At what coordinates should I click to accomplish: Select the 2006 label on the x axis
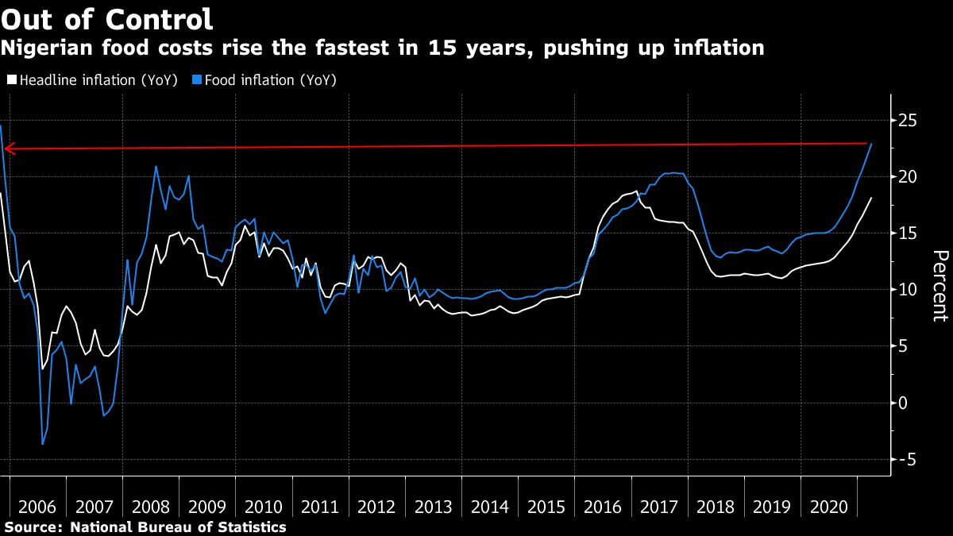pos(37,507)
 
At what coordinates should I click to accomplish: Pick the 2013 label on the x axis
pos(434,507)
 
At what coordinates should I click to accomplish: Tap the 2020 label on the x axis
pos(830,507)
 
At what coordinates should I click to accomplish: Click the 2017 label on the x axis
pos(660,507)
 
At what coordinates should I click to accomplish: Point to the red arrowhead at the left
pos(7,148)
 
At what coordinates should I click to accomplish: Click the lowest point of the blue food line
pos(42,444)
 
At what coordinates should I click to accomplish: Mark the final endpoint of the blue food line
pos(872,144)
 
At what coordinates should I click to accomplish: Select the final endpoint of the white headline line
pos(872,198)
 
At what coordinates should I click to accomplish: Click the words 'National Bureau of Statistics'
pos(178,526)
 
